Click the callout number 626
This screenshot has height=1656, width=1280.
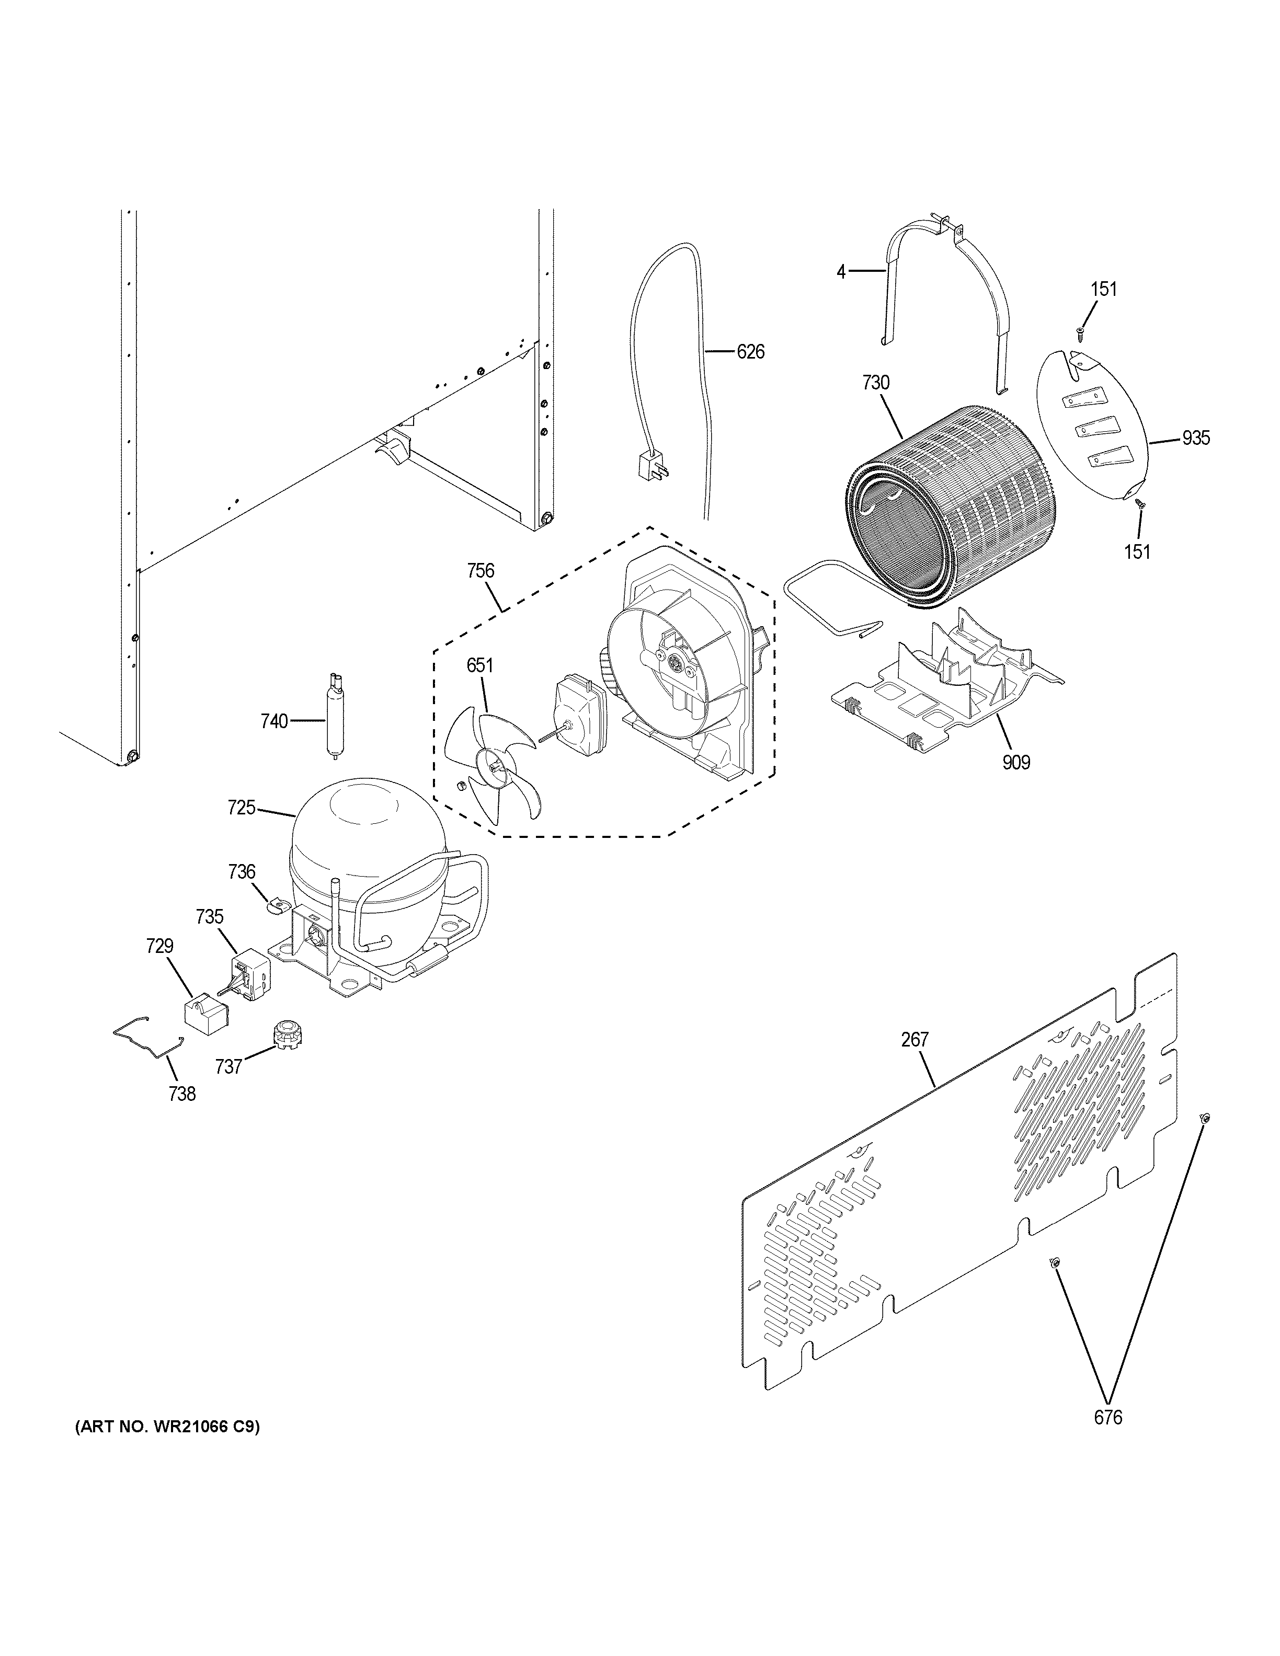point(751,352)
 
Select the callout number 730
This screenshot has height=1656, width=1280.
point(875,383)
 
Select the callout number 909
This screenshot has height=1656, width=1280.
point(1016,762)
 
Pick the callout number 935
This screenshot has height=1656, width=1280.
point(1195,438)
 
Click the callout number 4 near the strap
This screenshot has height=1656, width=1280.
point(841,271)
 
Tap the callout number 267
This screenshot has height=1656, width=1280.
point(915,1040)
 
